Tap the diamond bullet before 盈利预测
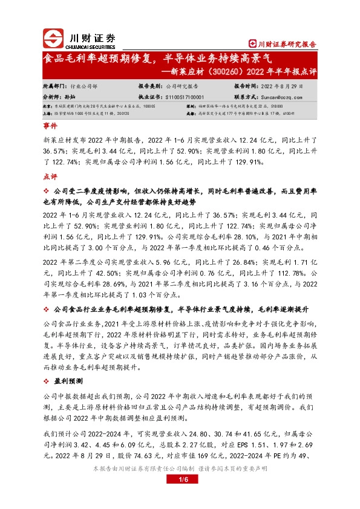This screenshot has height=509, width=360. pos(47,381)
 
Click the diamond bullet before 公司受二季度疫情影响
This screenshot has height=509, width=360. pos(47,191)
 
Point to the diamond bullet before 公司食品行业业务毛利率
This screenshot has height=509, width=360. pos(47,310)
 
